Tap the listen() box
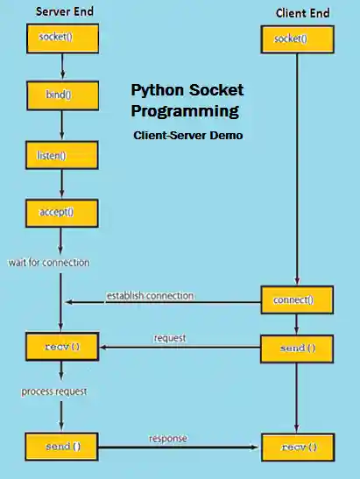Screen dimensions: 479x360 coord(60,155)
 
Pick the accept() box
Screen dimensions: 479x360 coord(60,211)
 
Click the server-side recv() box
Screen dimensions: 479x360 coord(61,348)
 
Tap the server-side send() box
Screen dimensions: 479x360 coord(61,447)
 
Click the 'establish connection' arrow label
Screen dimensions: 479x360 coord(150,295)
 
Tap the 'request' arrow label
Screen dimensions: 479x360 coord(170,337)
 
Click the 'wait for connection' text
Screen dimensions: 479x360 coord(48,262)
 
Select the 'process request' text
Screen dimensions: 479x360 coord(53,391)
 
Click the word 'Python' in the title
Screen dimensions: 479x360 coord(158,91)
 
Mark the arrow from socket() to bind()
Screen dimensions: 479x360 coord(60,68)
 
